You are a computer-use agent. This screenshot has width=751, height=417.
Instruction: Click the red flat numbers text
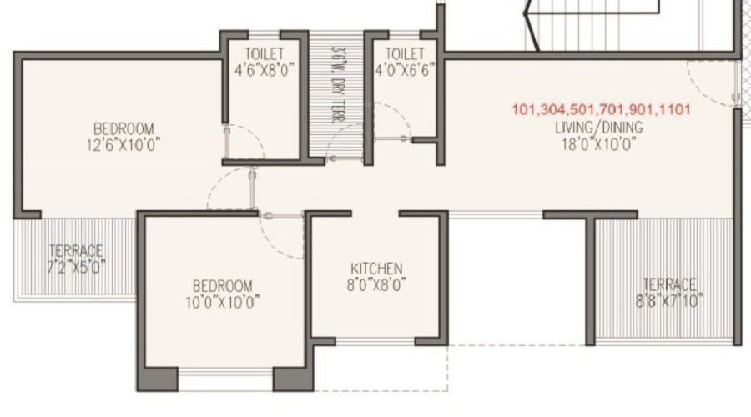click(x=602, y=109)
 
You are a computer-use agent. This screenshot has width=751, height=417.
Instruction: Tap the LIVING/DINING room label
click(x=598, y=128)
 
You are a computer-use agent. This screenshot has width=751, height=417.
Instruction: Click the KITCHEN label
click(x=376, y=269)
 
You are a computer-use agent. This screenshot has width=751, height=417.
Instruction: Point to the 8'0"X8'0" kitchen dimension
click(x=376, y=284)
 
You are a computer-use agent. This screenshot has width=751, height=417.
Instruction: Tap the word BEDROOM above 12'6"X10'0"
click(x=123, y=128)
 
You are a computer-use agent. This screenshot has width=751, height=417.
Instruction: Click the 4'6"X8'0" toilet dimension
click(x=265, y=71)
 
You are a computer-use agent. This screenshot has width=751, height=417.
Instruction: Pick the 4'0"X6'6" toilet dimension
click(x=404, y=71)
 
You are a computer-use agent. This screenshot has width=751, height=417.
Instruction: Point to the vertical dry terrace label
click(x=338, y=83)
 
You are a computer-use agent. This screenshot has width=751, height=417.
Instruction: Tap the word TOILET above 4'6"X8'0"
click(x=265, y=55)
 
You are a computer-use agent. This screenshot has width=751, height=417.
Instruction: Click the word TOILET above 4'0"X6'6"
click(x=404, y=55)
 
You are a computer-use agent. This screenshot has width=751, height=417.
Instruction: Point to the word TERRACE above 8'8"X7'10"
click(x=668, y=284)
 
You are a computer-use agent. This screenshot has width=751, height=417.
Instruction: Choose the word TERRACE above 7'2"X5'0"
click(x=76, y=251)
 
